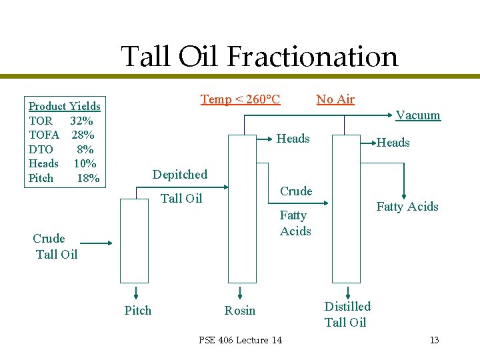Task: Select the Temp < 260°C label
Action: point(240,99)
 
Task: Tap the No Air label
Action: point(335,99)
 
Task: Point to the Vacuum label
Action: point(418,115)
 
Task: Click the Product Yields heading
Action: point(65,106)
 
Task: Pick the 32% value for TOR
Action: point(81,121)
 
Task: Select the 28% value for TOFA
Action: point(83,135)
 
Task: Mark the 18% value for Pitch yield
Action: point(89,178)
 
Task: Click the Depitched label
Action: point(180,175)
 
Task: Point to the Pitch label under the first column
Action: point(138,310)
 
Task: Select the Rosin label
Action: point(240,310)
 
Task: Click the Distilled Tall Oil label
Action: point(347,314)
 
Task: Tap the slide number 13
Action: point(434,340)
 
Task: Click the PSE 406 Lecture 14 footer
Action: point(240,340)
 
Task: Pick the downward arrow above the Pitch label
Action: point(135,293)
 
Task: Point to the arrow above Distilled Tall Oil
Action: point(347,292)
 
